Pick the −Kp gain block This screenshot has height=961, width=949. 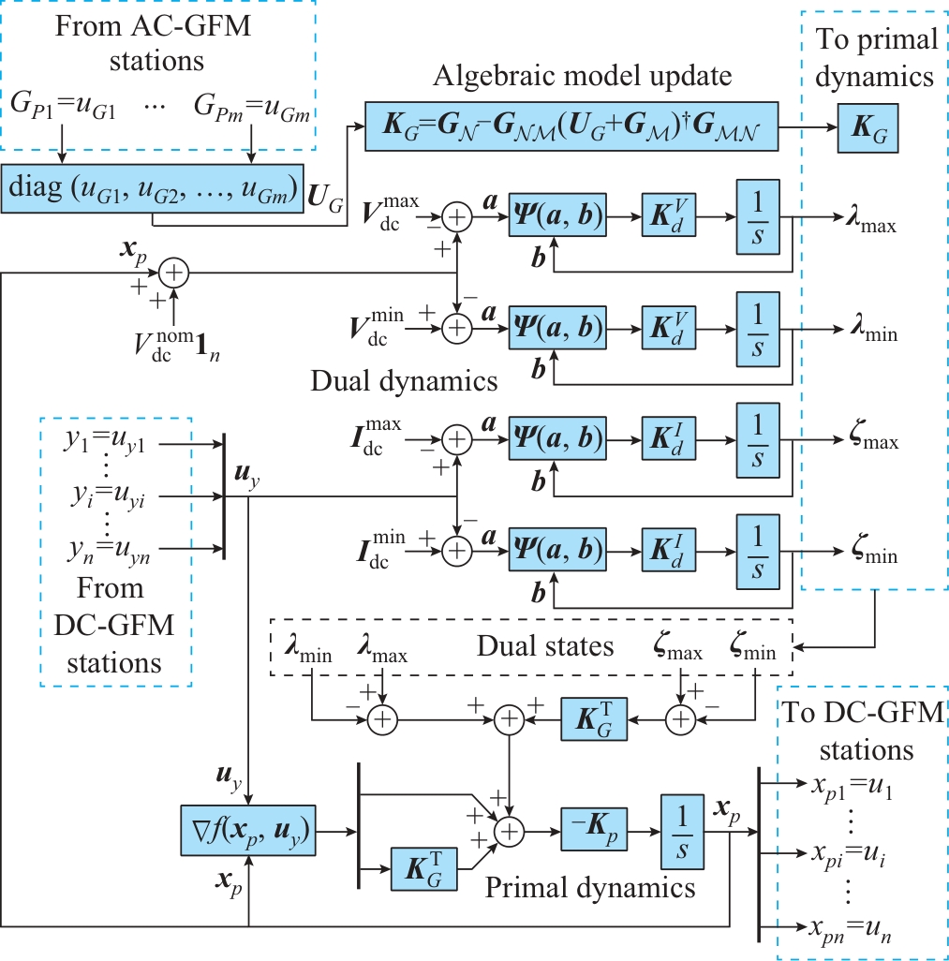594,827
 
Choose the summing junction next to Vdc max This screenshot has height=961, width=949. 456,218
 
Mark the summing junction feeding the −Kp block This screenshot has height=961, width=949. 509,828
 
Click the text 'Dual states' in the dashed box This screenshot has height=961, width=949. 545,645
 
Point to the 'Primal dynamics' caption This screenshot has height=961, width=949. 590,886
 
